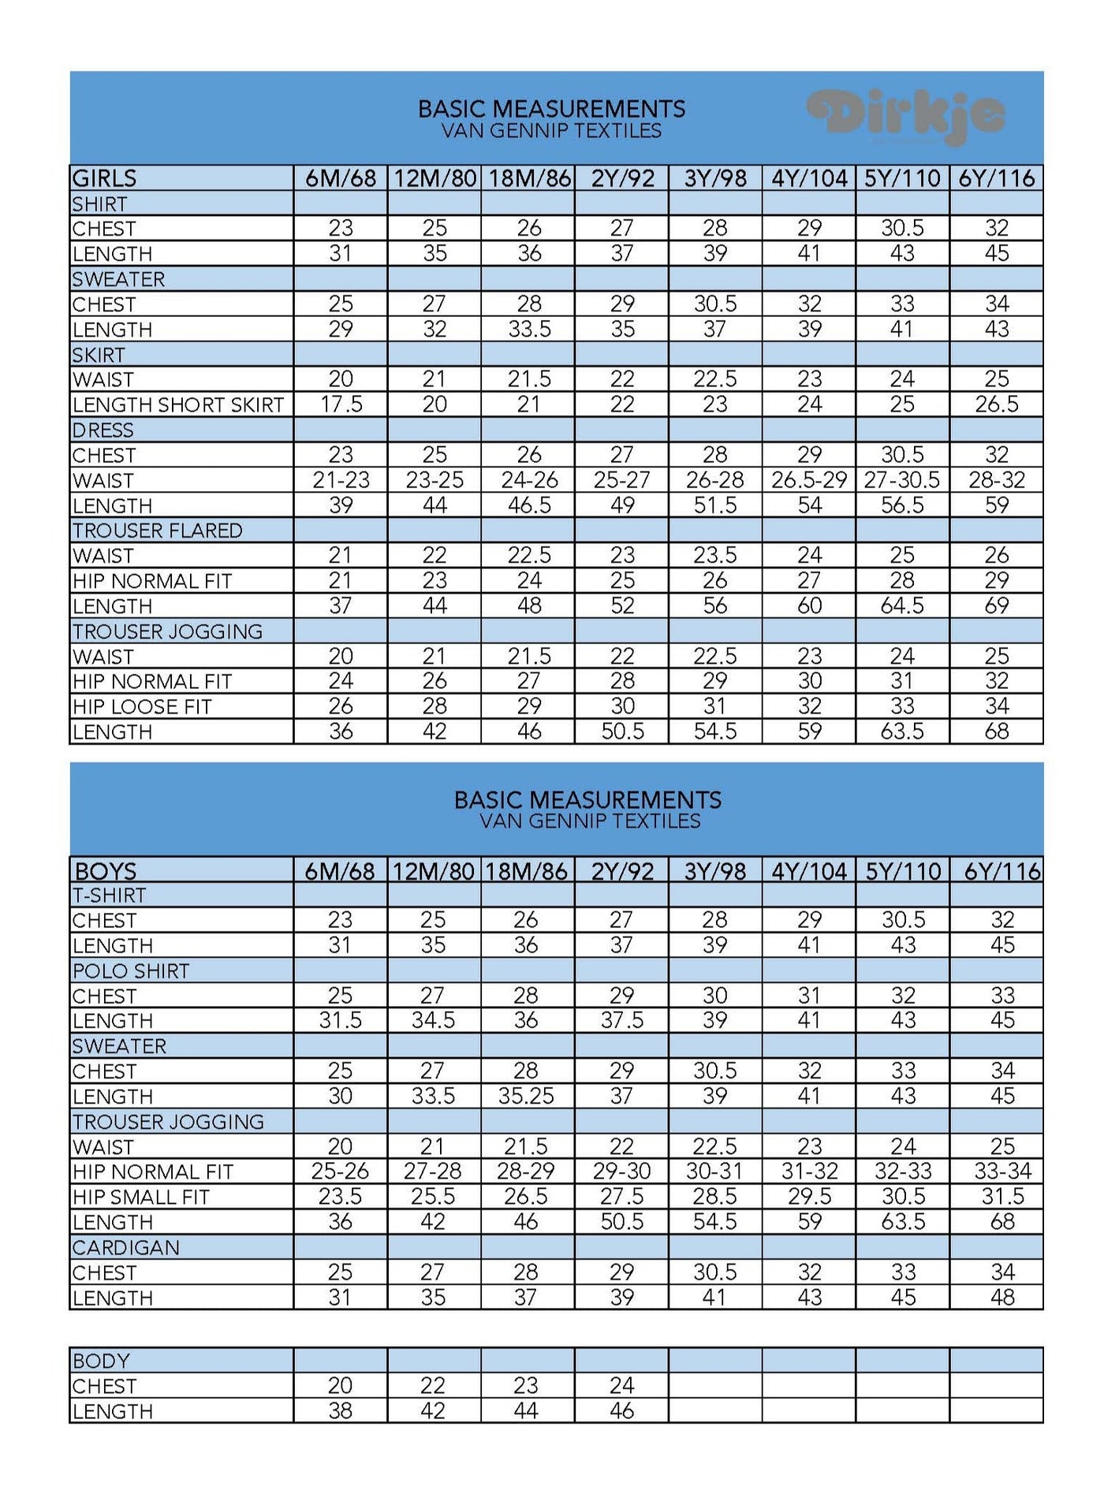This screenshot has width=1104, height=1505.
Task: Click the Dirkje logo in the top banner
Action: coord(906,116)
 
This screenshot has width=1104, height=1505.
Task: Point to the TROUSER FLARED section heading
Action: coord(158,531)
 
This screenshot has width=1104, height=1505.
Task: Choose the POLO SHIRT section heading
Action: coord(131,970)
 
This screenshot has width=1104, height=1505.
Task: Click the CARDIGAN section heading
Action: coord(126,1247)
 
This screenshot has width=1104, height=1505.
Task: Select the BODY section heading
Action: coord(101,1361)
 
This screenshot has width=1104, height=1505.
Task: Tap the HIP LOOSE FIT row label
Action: coord(143,706)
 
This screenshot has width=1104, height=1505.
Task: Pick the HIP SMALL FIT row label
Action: coord(141,1197)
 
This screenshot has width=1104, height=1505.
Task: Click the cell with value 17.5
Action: coord(341,404)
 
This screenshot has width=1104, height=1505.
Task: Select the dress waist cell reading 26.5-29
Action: coord(809,480)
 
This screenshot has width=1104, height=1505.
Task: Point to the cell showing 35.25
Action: coord(526,1096)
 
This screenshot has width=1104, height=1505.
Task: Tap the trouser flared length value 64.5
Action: coord(902,605)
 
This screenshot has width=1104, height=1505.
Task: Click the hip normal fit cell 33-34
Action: coord(1002,1172)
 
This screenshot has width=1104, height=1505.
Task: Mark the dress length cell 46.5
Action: coord(529,505)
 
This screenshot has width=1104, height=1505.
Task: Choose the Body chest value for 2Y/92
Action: coord(621,1385)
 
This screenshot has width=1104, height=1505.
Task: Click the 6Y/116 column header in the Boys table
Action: coord(1002,870)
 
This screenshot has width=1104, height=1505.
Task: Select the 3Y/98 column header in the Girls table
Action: coord(715,178)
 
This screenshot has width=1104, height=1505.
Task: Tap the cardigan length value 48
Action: coord(1002,1297)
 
